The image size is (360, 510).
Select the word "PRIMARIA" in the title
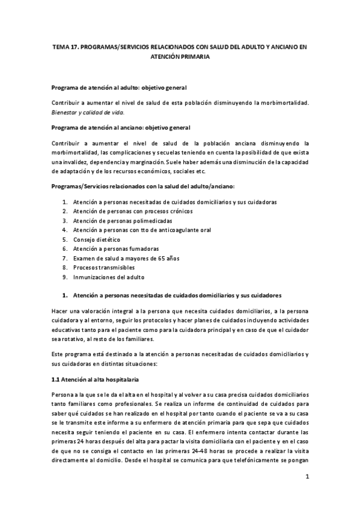193,57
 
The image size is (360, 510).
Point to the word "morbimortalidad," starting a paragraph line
74,153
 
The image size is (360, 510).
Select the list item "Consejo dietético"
96,239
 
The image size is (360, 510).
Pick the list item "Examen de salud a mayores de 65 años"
126,258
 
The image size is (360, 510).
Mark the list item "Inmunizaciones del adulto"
109,277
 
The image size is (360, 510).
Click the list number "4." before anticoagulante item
64,230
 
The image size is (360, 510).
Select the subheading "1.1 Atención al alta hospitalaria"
96,380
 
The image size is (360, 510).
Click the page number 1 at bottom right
307,478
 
